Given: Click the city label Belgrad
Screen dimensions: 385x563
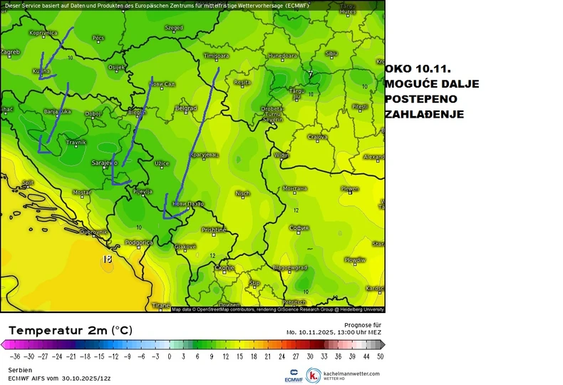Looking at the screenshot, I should pyautogui.click(x=185, y=108).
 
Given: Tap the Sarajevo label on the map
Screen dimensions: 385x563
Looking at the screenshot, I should pyautogui.click(x=105, y=163).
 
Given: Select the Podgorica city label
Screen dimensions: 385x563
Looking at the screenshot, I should pyautogui.click(x=139, y=242).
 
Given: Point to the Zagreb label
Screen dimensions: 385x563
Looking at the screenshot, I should pyautogui.click(x=10, y=52).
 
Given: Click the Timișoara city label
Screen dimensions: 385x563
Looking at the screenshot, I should pyautogui.click(x=216, y=55).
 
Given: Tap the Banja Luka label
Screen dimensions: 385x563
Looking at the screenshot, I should pyautogui.click(x=58, y=112).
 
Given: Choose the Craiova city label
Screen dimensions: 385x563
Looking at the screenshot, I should pyautogui.click(x=317, y=137).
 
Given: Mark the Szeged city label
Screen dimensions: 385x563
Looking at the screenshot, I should pyautogui.click(x=174, y=28).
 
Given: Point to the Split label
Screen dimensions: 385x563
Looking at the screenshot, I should pyautogui.click(x=29, y=183).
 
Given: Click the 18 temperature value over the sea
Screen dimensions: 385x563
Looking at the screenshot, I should pyautogui.click(x=108, y=259).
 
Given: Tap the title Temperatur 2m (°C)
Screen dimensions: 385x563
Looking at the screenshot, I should pyautogui.click(x=70, y=330).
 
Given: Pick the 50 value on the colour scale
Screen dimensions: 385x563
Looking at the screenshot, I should pyautogui.click(x=381, y=355).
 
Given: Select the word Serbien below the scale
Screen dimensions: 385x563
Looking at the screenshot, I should pyautogui.click(x=21, y=370).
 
